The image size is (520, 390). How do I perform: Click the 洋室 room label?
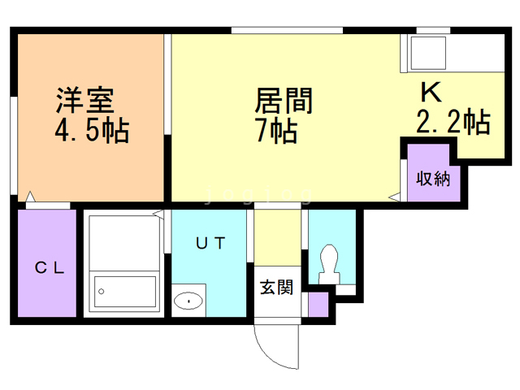84,100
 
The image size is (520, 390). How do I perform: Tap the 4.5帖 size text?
92,131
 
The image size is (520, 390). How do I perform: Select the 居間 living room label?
284,101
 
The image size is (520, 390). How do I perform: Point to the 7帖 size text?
277,131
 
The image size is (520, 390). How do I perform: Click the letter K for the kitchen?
431,92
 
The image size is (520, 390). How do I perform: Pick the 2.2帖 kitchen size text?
453,121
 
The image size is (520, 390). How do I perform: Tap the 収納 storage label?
433,179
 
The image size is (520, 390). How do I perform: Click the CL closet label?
50,267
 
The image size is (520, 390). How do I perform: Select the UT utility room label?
210,243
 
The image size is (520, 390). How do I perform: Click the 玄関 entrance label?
276,287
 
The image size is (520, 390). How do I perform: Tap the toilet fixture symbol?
329,264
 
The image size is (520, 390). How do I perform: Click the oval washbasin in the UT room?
188,301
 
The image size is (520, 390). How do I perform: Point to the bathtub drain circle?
102,292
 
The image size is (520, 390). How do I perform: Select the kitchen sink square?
428,53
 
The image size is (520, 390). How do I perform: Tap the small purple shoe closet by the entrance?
318,305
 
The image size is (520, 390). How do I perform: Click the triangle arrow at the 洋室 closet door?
30,197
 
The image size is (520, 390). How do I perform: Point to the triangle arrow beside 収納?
394,197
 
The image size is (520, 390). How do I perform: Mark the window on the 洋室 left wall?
14,145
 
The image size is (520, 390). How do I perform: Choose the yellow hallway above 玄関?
278,237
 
